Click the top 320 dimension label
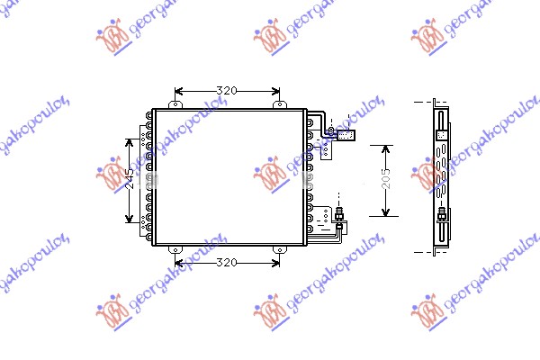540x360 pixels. pyautogui.click(x=227, y=91)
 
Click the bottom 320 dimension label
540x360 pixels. pyautogui.click(x=227, y=263)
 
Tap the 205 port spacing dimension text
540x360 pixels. pyautogui.click(x=385, y=180)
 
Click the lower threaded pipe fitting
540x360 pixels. pyautogui.click(x=339, y=216)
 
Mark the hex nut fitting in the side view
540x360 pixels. pyautogui.click(x=442, y=216)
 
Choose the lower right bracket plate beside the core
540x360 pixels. pyautogui.click(x=324, y=216)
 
